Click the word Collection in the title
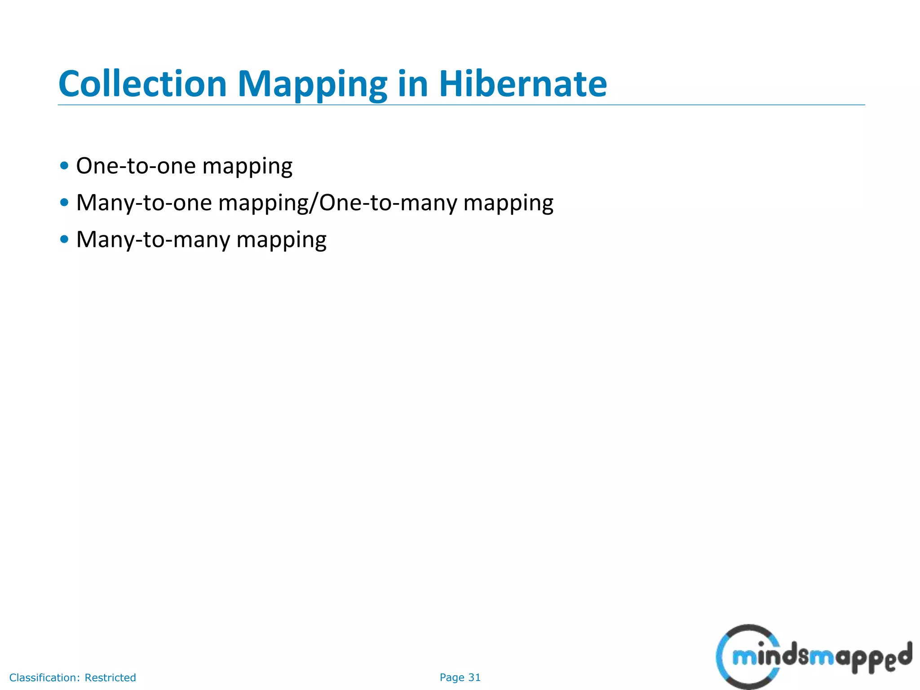tap(142, 84)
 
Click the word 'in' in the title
tap(412, 84)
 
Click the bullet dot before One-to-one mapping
tap(64, 166)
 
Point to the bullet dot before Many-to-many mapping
tap(64, 239)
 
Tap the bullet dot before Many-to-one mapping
tap(64, 203)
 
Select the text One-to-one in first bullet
tap(136, 166)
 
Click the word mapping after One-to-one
tap(247, 167)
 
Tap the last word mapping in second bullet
tap(508, 204)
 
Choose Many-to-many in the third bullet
tap(153, 239)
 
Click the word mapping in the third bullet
tap(281, 241)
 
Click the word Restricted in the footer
tap(110, 677)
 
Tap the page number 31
tap(474, 677)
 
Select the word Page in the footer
tap(451, 677)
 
